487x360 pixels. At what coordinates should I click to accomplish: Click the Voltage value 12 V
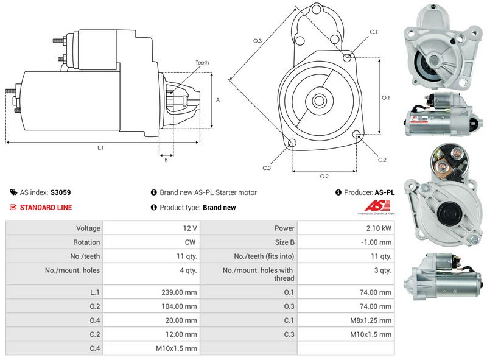click(189, 228)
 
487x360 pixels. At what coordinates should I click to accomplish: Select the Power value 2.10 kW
click(378, 228)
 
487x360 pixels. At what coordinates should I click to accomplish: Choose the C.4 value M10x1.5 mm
click(177, 348)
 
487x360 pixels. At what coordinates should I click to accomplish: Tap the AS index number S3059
click(60, 192)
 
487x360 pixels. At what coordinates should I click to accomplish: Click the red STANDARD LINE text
click(46, 207)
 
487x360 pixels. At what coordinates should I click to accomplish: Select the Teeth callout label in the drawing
click(201, 63)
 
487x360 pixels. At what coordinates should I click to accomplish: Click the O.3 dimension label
click(258, 41)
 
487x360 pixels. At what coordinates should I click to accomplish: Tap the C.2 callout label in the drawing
click(382, 160)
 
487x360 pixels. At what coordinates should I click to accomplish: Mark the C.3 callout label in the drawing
click(267, 168)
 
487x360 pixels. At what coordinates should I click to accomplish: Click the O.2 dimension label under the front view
click(324, 177)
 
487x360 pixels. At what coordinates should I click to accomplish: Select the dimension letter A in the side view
click(218, 99)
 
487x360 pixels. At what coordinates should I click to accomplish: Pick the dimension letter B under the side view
click(166, 160)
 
